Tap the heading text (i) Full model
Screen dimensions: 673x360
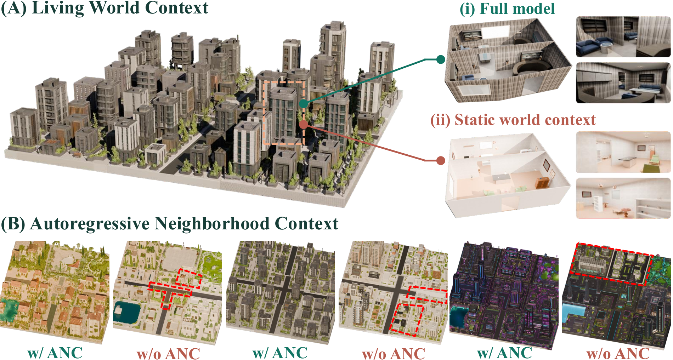pyautogui.click(x=507, y=9)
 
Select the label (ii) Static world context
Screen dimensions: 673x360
pyautogui.click(x=513, y=120)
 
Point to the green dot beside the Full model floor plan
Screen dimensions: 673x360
pyautogui.click(x=441, y=59)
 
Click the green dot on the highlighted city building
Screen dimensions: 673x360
pyautogui.click(x=303, y=104)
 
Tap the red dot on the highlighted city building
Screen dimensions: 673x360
pyautogui.click(x=303, y=125)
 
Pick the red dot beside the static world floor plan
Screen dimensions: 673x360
pyautogui.click(x=441, y=161)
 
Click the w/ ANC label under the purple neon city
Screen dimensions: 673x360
pyautogui.click(x=504, y=353)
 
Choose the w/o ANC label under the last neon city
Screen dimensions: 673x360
pyautogui.click(x=618, y=354)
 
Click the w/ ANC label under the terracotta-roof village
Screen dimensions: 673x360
pyautogui.click(x=55, y=353)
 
